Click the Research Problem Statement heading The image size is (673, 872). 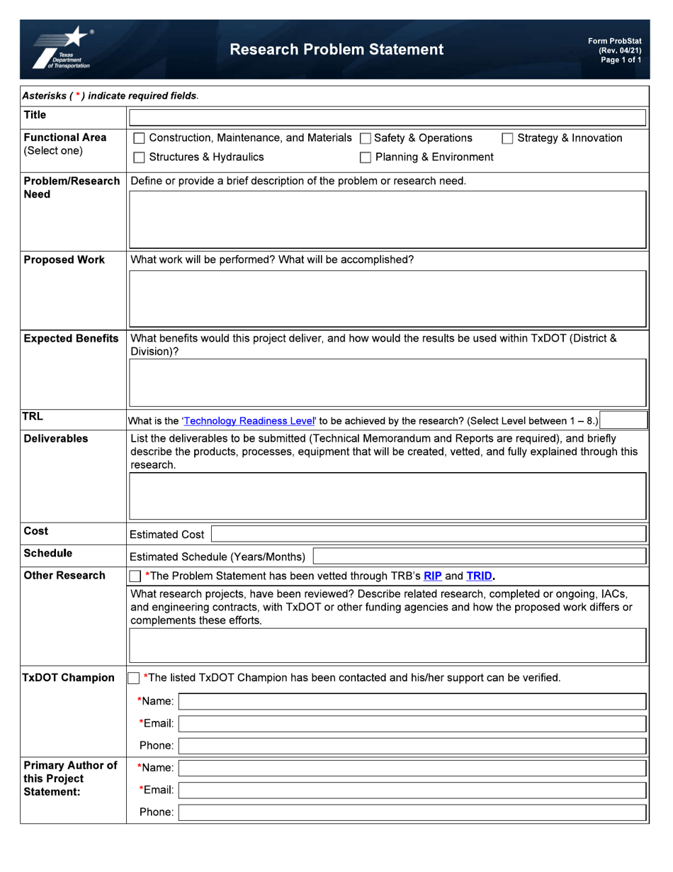(x=336, y=50)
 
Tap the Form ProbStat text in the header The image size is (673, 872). (x=614, y=41)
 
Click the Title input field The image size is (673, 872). (x=387, y=118)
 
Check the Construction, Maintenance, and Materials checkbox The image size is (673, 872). (x=140, y=138)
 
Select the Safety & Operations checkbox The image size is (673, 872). (x=366, y=138)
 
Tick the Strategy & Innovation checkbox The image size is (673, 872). (x=507, y=138)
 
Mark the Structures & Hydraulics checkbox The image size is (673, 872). (x=140, y=157)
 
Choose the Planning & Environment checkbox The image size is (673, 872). (x=366, y=157)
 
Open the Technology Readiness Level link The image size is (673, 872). (x=248, y=421)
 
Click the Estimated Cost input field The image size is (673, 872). (x=429, y=535)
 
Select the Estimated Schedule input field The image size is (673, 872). (x=480, y=557)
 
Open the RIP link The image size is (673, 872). (x=432, y=576)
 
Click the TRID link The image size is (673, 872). (x=479, y=576)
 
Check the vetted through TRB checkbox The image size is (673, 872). (x=135, y=576)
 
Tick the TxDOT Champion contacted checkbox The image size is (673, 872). (x=134, y=678)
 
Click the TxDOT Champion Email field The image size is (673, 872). (x=412, y=724)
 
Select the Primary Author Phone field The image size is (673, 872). (x=412, y=812)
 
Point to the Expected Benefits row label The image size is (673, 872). (x=71, y=339)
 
